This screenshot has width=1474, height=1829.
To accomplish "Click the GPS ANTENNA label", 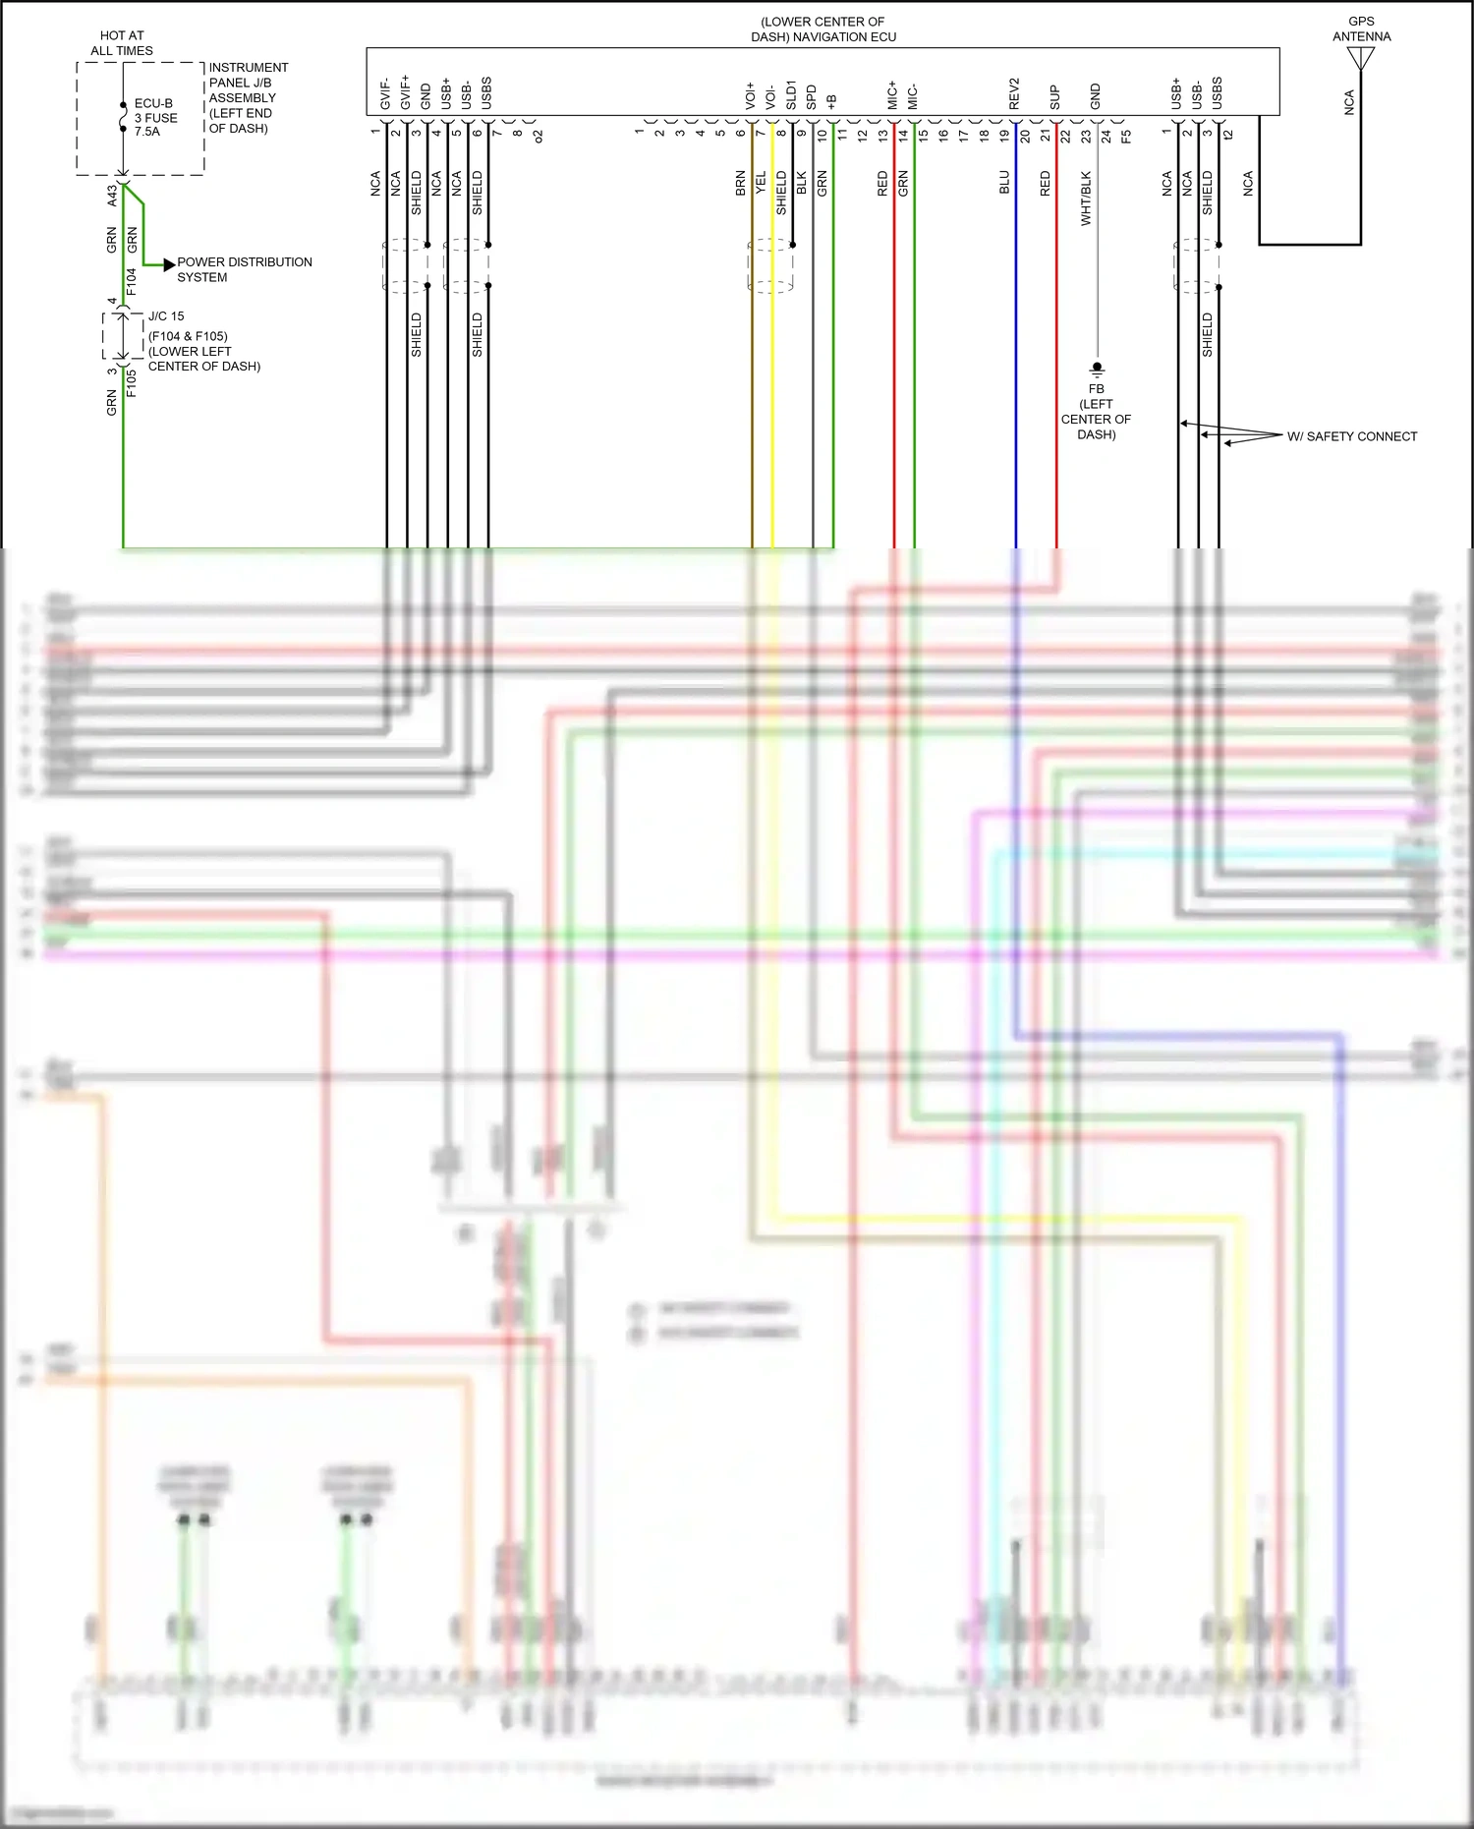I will [1361, 29].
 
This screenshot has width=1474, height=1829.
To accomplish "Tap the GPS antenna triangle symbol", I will [1361, 59].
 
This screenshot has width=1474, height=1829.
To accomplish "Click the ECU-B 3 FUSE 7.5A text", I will [155, 117].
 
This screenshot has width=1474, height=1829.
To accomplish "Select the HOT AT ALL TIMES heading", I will [122, 43].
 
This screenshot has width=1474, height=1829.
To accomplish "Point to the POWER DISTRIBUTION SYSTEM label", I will [244, 269].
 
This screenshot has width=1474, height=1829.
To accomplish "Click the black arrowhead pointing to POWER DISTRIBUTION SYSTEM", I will [169, 264].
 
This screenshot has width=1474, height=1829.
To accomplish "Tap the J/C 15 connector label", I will [166, 316].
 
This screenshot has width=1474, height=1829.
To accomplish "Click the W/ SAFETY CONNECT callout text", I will [1351, 436].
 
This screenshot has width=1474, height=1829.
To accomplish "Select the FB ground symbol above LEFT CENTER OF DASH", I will [1097, 370].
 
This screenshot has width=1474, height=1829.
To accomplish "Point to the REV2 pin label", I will [1015, 93].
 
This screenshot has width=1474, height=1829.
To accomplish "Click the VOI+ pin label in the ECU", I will [751, 95].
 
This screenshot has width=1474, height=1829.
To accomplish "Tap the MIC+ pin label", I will [892, 94].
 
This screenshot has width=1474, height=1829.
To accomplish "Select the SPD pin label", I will [812, 96].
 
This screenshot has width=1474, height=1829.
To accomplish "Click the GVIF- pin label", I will [385, 93].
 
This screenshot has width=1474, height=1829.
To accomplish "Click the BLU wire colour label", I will [1004, 182].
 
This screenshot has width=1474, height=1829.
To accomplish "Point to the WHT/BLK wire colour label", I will [1086, 199].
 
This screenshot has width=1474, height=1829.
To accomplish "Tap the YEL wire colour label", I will [761, 182].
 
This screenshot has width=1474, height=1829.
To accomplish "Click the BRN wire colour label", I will [740, 184].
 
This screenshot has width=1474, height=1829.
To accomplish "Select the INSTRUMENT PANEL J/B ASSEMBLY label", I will [248, 97].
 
